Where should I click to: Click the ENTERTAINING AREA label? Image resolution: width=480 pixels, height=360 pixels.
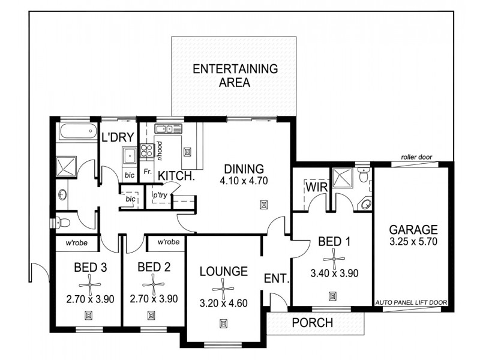click(x=235, y=76)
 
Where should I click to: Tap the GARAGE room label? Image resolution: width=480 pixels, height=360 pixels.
click(x=413, y=230)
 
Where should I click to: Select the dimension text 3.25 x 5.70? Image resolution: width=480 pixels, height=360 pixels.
click(x=413, y=244)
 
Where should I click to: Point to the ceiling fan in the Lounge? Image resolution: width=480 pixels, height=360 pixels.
click(x=223, y=289)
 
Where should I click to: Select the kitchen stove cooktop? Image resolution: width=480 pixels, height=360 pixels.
click(x=146, y=151)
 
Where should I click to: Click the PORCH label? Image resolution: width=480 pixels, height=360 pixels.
click(x=312, y=323)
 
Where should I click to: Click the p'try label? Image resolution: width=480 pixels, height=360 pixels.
click(x=160, y=196)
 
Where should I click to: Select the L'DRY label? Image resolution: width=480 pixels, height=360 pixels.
click(x=117, y=137)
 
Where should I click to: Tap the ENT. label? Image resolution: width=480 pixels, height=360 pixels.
click(x=277, y=279)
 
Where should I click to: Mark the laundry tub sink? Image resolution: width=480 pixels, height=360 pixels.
click(x=128, y=156)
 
